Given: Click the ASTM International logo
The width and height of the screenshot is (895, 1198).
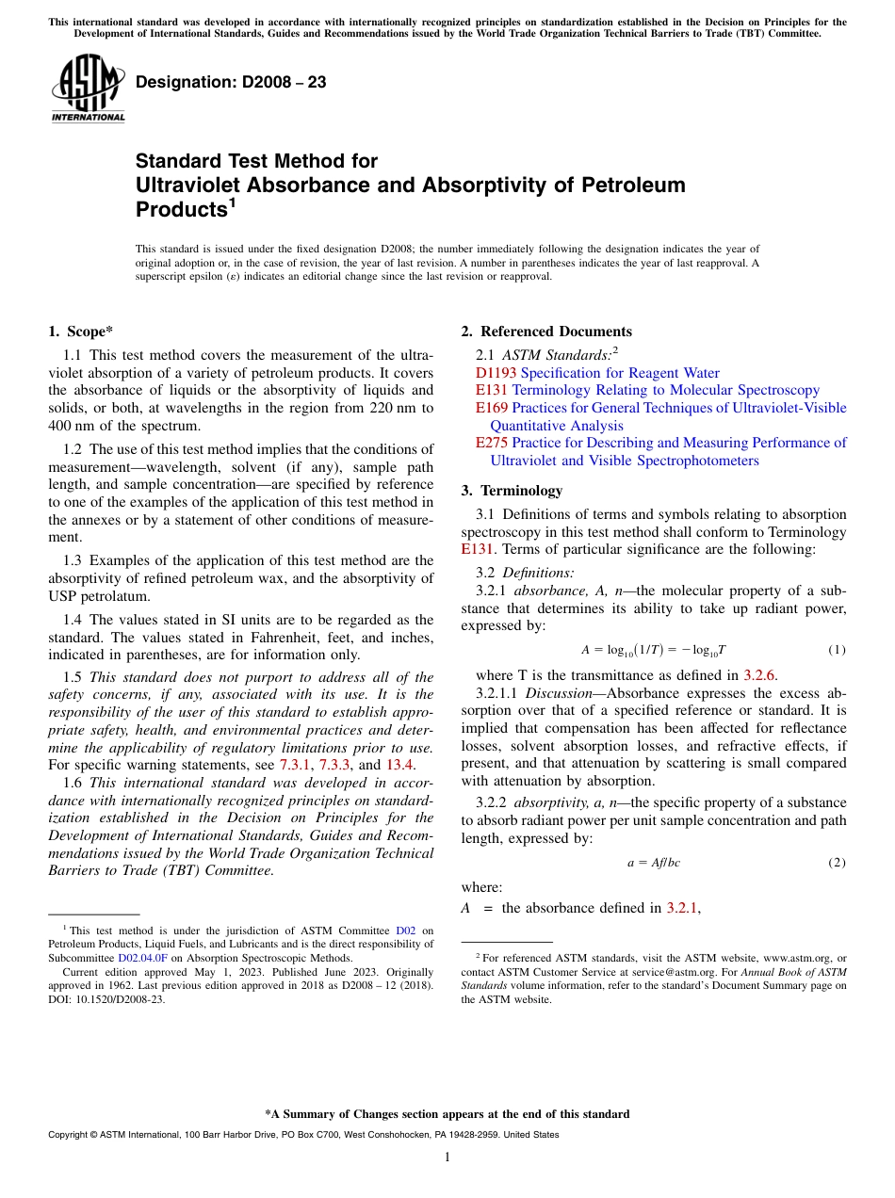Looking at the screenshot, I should coord(88,89).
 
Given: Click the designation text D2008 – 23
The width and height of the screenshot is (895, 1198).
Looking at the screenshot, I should coord(231,82).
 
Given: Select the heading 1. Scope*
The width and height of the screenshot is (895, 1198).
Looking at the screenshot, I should coord(81,331).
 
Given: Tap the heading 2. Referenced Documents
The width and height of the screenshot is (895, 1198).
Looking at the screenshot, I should coord(546,331).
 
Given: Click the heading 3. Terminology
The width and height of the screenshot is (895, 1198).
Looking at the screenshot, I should coord(512,490).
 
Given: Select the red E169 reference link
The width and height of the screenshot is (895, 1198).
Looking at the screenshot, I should coord(492,408).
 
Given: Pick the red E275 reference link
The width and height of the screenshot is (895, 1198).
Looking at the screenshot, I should coord(492,443).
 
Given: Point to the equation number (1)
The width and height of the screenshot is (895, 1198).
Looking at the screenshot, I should coord(837,650).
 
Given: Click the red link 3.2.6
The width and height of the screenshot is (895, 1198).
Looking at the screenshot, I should coord(759,674).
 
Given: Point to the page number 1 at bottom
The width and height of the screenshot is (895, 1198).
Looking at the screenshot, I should coord(447,1157).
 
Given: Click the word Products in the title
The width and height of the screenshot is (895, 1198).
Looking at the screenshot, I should coord(180,210).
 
